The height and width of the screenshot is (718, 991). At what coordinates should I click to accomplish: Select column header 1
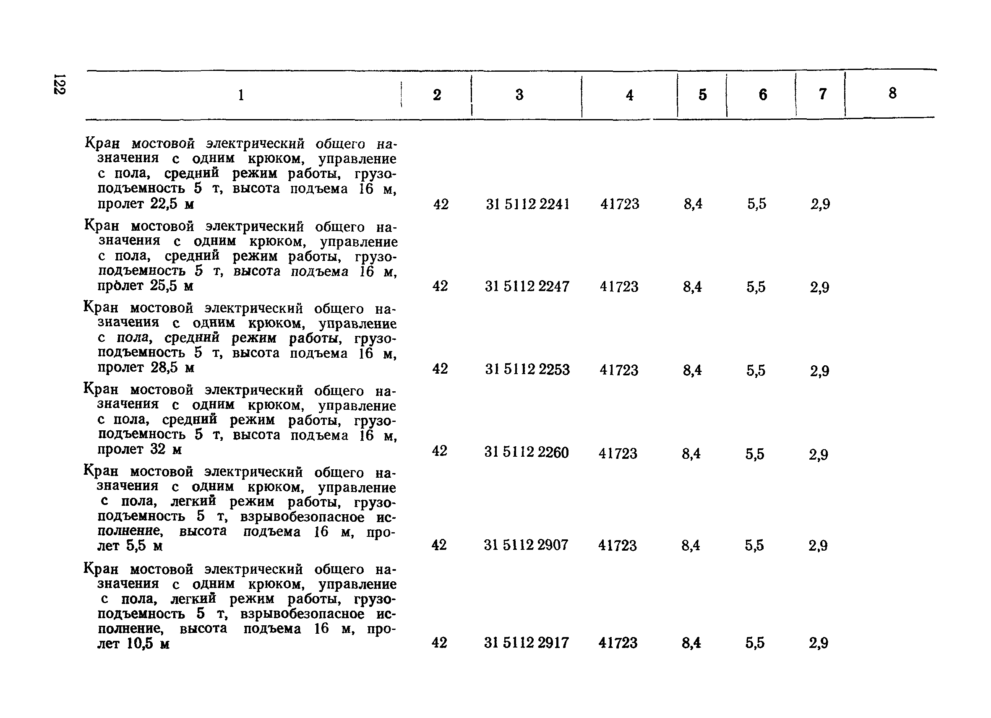click(x=241, y=95)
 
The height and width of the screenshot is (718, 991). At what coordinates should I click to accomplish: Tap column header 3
click(x=519, y=95)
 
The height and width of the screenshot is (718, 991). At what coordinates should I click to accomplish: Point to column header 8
click(x=892, y=93)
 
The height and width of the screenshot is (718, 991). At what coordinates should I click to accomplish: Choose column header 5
click(x=702, y=95)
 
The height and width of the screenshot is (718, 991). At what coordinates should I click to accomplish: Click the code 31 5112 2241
click(x=527, y=204)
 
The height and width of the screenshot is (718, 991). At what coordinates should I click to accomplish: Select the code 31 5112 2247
click(x=527, y=286)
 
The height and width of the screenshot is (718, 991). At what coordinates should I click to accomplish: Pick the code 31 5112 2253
click(x=527, y=369)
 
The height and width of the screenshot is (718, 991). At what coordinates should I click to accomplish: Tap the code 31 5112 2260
click(x=526, y=452)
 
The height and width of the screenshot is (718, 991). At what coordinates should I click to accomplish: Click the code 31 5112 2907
click(x=526, y=545)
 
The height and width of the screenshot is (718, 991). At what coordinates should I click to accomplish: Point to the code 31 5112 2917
click(x=526, y=643)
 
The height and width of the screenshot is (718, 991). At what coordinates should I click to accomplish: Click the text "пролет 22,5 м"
click(x=146, y=204)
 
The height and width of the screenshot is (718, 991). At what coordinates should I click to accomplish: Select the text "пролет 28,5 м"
click(x=146, y=368)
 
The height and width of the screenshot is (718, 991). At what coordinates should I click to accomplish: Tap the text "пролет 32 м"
click(x=139, y=450)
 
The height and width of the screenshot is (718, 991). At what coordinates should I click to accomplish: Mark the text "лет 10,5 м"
click(x=133, y=644)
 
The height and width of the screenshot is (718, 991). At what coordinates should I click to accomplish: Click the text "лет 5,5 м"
click(x=130, y=546)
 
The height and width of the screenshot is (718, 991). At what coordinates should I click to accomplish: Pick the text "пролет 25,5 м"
click(x=145, y=286)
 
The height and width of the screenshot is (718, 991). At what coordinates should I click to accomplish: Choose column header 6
click(x=762, y=95)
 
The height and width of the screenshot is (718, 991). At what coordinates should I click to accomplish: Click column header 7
click(x=822, y=94)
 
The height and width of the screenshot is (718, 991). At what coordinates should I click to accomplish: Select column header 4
click(x=629, y=95)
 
